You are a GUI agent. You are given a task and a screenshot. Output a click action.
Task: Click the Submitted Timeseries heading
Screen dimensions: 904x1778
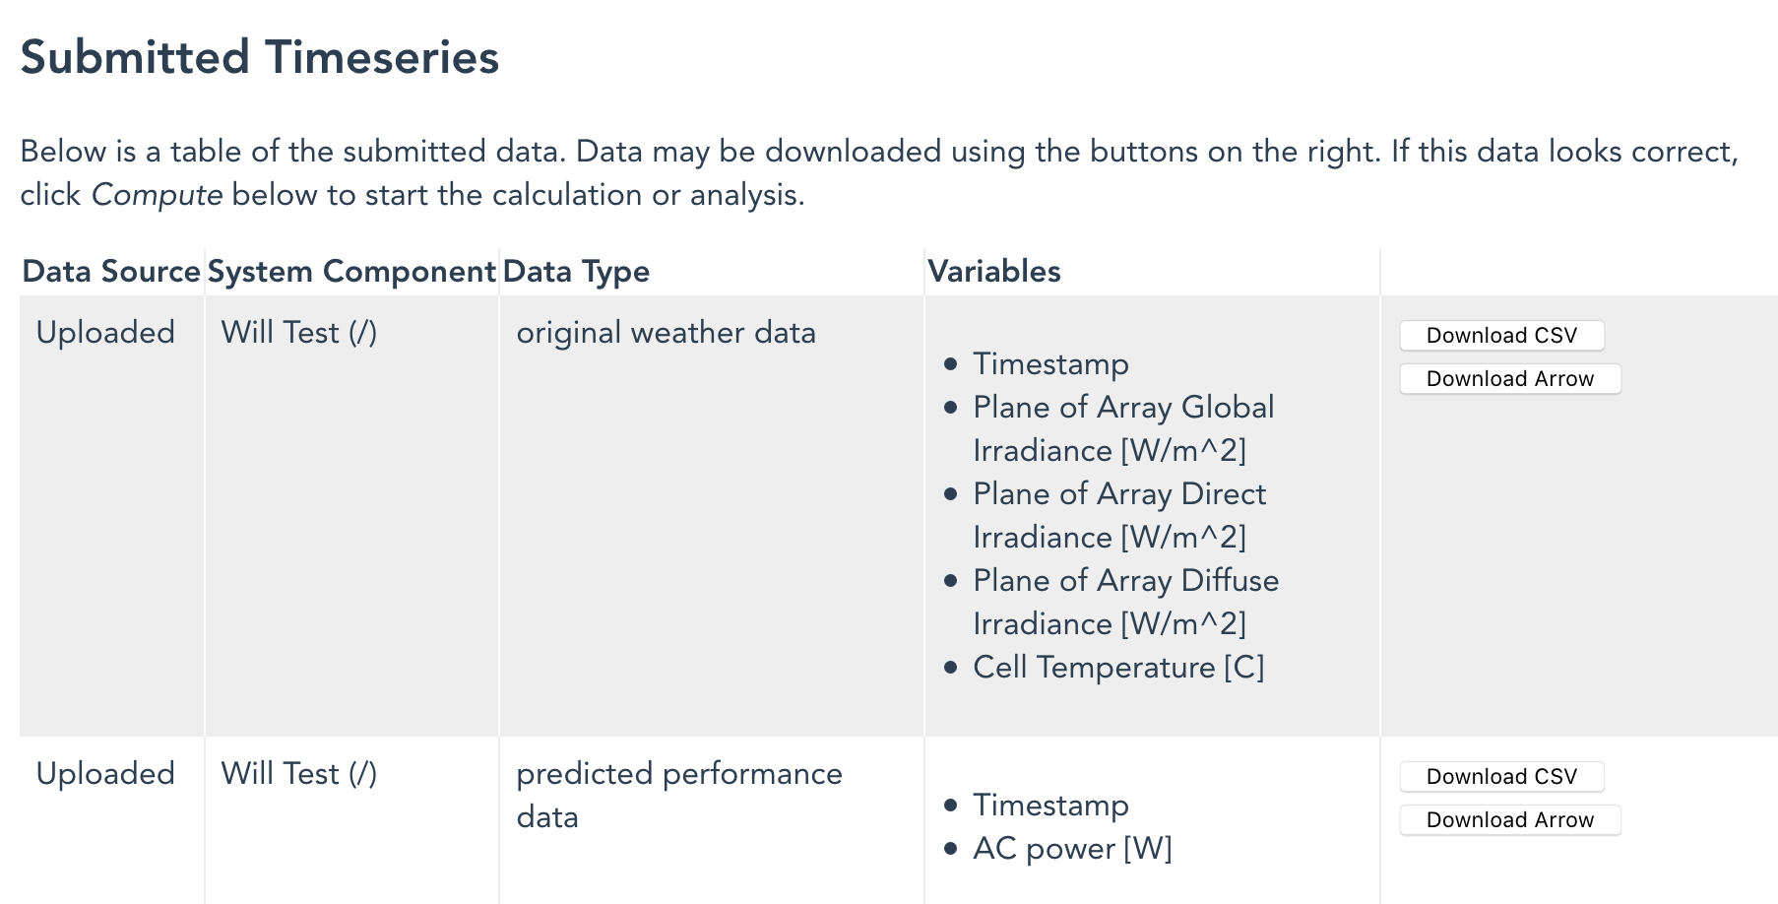260,57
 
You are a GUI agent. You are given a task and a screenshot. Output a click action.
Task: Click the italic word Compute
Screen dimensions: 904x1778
157,195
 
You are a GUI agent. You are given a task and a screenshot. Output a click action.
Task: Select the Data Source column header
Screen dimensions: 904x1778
111,272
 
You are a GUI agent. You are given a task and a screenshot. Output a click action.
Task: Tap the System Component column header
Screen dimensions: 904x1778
351,272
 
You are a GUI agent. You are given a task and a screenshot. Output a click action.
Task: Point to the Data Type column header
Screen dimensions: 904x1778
576,272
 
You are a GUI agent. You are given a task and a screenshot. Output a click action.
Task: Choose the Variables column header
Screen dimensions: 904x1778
994,272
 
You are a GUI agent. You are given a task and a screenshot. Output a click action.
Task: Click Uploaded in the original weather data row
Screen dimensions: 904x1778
105,333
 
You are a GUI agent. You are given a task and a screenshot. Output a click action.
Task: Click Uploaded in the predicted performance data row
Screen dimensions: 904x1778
105,774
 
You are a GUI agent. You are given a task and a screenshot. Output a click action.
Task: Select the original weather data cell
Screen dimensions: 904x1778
666,333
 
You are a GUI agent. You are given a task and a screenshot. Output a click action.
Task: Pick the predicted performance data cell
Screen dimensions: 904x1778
678,795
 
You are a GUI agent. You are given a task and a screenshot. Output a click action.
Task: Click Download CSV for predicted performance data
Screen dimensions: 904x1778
1501,777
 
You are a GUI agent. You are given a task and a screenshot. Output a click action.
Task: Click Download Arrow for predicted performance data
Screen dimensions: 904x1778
1509,820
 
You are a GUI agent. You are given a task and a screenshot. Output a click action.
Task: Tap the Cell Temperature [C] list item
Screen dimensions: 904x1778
1118,668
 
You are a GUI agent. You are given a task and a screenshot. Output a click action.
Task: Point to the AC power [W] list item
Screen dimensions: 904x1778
1072,849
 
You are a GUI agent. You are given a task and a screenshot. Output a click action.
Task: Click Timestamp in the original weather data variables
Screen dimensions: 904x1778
1050,364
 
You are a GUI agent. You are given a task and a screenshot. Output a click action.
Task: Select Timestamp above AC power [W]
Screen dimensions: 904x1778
1050,806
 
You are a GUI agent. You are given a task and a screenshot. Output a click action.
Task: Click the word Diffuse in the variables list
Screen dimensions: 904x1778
1230,581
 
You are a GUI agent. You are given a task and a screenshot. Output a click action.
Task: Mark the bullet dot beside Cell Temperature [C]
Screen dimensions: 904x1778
950,668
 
